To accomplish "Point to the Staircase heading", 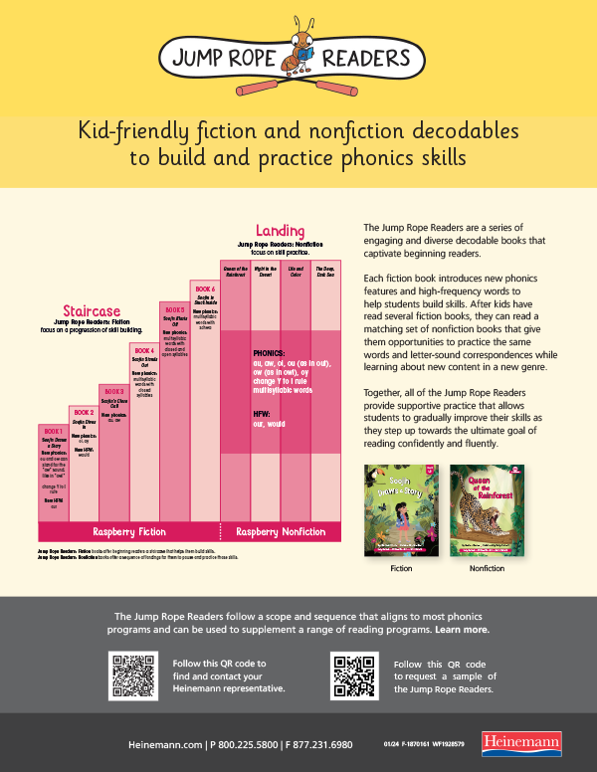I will [x=93, y=310].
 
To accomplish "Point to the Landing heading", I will [x=281, y=231].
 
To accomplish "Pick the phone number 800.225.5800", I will [x=244, y=744].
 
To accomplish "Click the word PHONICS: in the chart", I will [x=270, y=353].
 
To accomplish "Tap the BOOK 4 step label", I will [x=143, y=351].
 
